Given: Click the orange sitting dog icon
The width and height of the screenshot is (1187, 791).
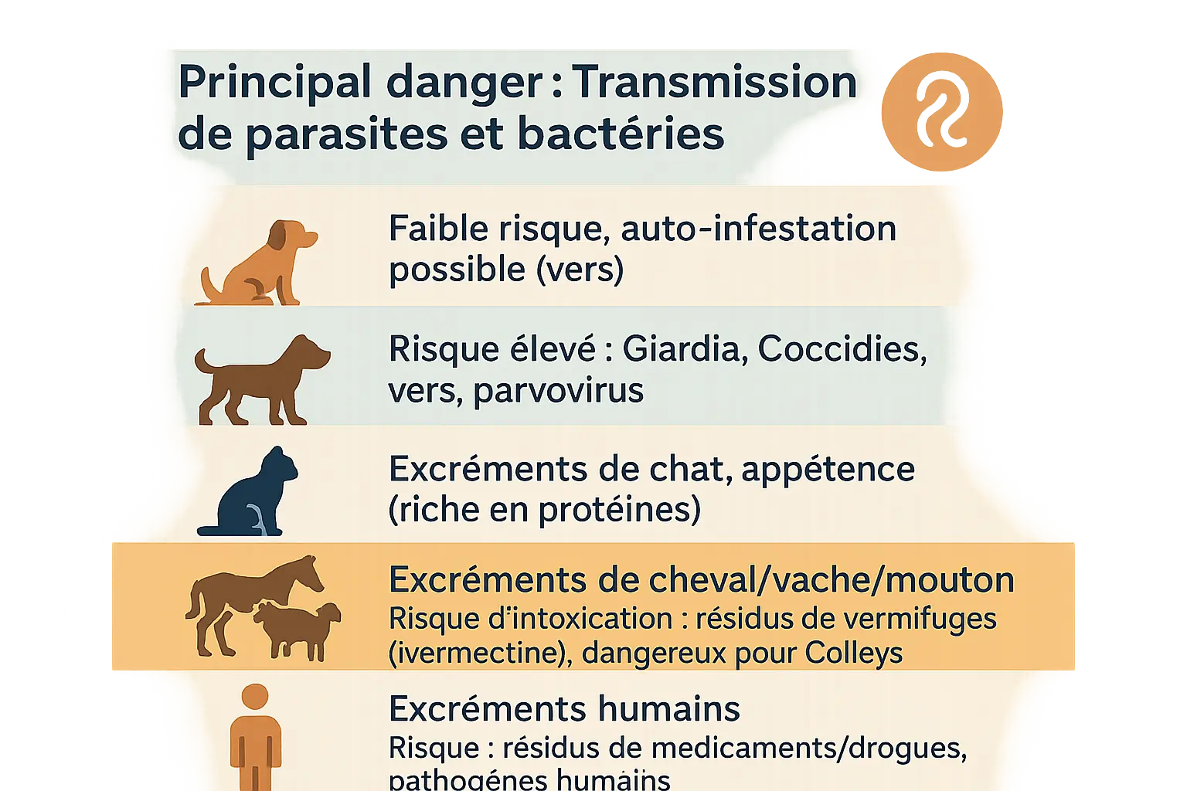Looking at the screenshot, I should click(259, 266).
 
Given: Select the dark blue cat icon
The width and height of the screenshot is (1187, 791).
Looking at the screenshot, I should click(251, 494).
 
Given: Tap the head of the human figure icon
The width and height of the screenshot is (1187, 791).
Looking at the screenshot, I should click(254, 696).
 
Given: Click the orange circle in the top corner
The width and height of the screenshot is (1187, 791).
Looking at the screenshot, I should click(941, 111).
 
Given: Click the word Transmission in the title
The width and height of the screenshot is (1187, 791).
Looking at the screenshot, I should click(715, 82).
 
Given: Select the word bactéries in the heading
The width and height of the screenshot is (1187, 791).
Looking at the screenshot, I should click(621, 134).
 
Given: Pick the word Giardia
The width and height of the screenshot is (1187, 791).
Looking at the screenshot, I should click(684, 349).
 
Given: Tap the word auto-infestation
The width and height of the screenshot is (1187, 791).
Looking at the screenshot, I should click(758, 229).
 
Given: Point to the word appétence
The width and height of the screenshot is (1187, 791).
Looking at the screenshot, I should click(828, 470).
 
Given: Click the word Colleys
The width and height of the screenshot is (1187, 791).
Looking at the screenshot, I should click(853, 654).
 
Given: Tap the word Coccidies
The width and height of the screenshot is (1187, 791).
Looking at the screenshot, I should click(841, 349).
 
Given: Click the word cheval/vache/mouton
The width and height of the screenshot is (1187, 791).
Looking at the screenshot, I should click(828, 580).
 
